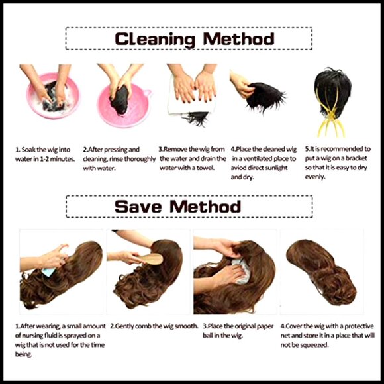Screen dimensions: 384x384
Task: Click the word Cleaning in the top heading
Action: click(155, 39)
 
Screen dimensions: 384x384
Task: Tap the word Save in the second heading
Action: click(138, 206)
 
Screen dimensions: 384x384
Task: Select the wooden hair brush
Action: click(151, 259)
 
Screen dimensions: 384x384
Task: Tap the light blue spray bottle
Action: click(49, 272)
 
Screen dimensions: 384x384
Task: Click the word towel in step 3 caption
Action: click(206, 168)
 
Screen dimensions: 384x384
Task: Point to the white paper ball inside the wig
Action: click(241, 271)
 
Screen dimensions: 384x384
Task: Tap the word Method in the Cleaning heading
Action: click(238, 39)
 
